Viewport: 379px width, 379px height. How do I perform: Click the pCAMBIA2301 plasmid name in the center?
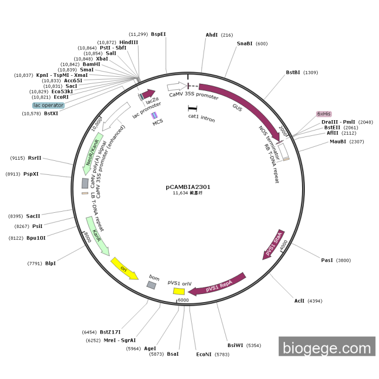pos(188,187)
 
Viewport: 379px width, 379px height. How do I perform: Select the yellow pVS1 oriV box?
pos(179,291)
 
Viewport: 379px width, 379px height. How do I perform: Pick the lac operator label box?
pos(48,106)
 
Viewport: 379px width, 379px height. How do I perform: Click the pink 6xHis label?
pos(324,114)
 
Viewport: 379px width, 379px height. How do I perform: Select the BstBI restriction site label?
pos(295,73)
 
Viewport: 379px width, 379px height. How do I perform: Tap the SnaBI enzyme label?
pos(245,43)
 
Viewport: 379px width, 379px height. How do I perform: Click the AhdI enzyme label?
pos(212,35)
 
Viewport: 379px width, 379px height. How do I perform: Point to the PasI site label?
pos(328,260)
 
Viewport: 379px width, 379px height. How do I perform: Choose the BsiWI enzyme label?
pos(236,345)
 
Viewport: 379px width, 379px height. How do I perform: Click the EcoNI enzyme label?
pos(204,354)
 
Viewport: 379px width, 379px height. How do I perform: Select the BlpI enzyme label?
pos(50,264)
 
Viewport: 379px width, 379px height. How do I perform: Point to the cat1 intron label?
pos(201,117)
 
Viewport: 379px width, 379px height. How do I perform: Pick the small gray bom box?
pos(152,285)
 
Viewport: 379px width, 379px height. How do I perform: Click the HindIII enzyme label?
pos(128,42)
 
